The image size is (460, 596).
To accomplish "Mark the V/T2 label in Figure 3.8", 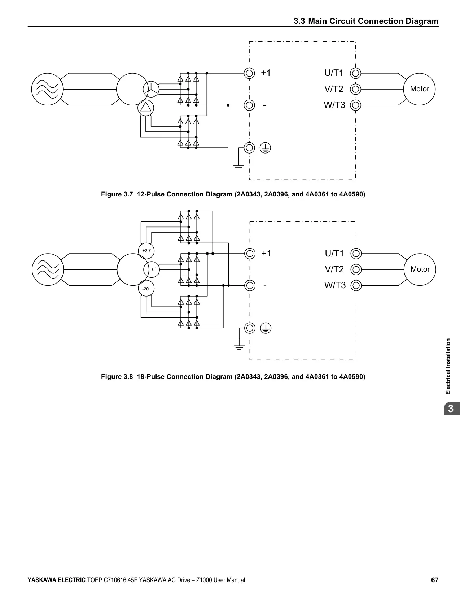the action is (x=334, y=269).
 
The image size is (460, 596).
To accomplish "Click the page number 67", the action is (x=435, y=580).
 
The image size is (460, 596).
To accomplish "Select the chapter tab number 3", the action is (x=451, y=409).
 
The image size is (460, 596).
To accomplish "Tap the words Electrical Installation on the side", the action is (x=448, y=366).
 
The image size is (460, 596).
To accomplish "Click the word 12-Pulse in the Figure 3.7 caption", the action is (x=150, y=194).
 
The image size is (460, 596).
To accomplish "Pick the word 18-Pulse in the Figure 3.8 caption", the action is (x=150, y=377).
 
